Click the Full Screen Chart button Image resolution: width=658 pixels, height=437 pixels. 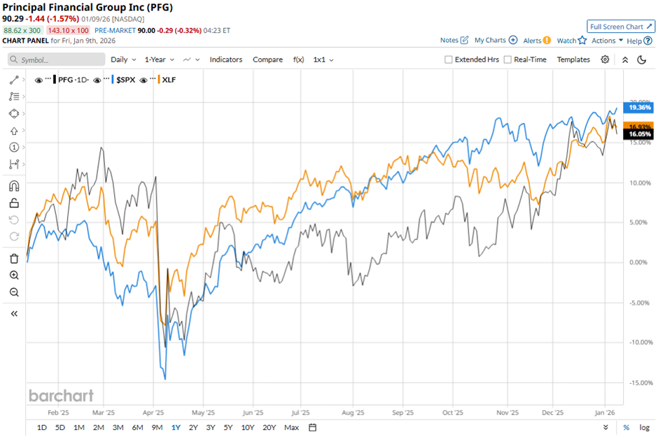pos(620,27)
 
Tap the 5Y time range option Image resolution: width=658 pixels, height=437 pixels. pos(228,427)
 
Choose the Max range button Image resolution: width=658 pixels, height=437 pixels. pos(292,427)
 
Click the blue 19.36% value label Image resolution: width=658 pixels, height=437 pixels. pos(640,108)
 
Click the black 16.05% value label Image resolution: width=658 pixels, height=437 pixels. pos(640,134)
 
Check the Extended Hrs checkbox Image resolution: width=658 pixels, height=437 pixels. pos(449,60)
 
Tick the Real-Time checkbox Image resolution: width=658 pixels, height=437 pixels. pos(507,60)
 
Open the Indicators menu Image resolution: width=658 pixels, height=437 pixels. pos(226,60)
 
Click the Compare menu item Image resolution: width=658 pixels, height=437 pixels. pos(267,60)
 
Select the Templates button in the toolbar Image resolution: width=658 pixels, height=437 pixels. pos(573,60)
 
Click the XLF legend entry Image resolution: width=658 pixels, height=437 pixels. pos(169,80)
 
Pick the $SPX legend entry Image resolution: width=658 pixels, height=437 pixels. pos(124,80)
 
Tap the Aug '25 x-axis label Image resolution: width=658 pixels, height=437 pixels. pos(353,413)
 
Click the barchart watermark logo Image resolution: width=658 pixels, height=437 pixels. pos(61,395)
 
